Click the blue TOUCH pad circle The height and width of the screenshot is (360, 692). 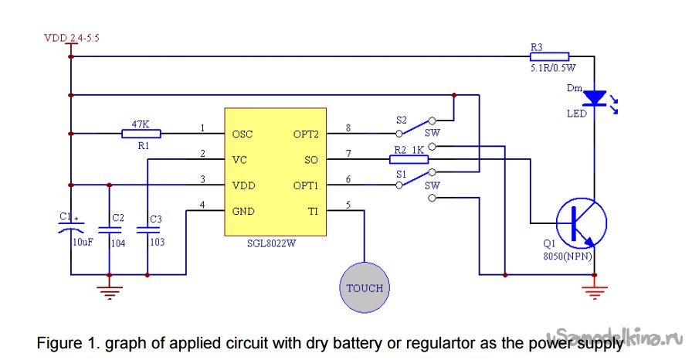(x=365, y=287)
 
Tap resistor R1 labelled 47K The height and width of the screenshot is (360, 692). (x=141, y=134)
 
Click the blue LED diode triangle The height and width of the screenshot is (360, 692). (x=594, y=98)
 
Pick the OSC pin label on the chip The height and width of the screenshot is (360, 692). (x=243, y=134)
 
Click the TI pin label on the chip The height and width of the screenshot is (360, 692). (x=313, y=211)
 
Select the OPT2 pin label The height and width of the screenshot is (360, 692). (x=307, y=134)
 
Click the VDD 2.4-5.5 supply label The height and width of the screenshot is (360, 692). (x=73, y=36)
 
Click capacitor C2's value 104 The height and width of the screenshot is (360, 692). (x=117, y=242)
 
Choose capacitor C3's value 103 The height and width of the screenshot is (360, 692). (x=156, y=242)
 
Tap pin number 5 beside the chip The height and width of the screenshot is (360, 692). (x=348, y=205)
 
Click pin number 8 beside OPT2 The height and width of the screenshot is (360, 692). (x=348, y=127)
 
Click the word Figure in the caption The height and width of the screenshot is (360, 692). (x=59, y=341)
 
